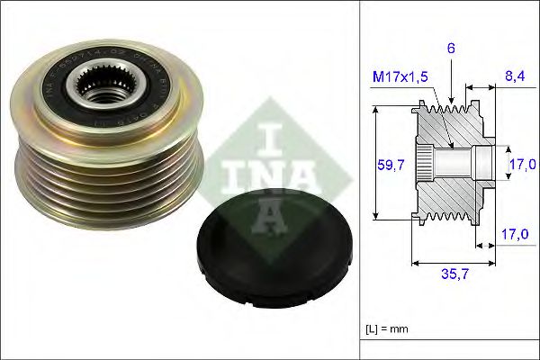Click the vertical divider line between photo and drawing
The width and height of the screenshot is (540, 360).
tap(360, 180)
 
